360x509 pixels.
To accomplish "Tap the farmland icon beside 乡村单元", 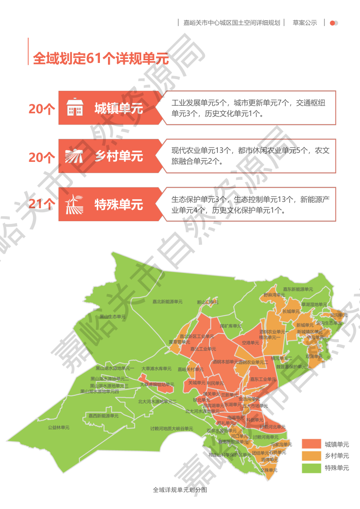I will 75,156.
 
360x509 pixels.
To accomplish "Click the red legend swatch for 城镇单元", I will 311,444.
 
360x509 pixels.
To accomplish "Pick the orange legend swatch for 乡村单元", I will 311,456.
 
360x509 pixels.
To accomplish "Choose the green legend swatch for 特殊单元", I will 311,468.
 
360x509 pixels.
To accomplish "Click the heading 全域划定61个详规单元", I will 100,58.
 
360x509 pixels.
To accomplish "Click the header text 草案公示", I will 305,23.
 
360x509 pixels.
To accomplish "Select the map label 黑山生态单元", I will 112,317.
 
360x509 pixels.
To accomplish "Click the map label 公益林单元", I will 59,428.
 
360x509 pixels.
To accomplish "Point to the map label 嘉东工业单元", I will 263,379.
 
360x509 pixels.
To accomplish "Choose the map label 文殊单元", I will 269,470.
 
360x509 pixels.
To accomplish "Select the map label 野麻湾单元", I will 274,295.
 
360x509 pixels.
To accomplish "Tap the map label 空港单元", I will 250,343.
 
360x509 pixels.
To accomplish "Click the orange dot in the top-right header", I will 333,23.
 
